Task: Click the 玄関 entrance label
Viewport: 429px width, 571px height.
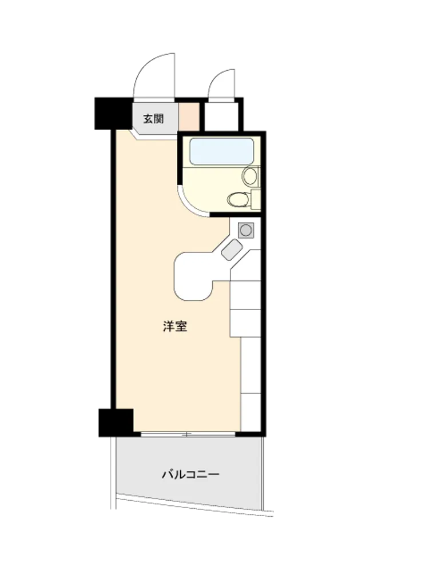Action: tap(153, 119)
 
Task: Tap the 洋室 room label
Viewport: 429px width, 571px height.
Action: tap(175, 326)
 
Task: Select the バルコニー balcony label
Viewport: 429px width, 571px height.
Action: tap(190, 474)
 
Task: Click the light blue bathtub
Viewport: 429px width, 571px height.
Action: tap(222, 151)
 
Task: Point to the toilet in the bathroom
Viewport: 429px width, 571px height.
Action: tap(238, 199)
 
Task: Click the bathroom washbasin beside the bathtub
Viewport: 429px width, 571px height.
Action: tap(251, 176)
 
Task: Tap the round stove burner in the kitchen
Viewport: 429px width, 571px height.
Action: tap(246, 230)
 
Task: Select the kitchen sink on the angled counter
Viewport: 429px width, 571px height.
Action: tap(232, 250)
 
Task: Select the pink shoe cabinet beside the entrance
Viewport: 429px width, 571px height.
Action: tap(189, 117)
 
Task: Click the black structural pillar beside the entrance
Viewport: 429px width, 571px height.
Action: tap(113, 113)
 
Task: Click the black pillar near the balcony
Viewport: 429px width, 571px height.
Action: tap(116, 423)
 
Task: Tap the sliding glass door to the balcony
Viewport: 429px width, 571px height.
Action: tap(188, 434)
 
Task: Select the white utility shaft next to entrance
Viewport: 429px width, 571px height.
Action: tap(221, 116)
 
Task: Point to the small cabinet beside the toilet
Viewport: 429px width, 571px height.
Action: tap(256, 199)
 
